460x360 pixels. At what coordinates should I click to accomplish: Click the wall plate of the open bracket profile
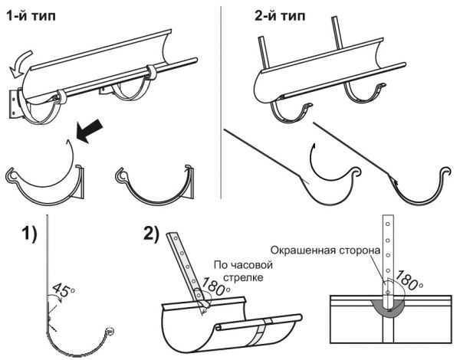84,182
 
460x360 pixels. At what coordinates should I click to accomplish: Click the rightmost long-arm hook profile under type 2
422,191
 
